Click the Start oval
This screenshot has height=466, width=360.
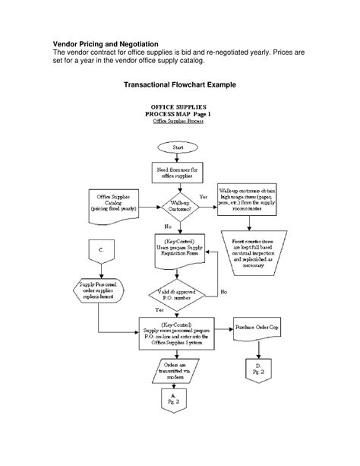[x=178, y=146]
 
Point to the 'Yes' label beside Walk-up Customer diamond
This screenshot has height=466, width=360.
[x=203, y=197]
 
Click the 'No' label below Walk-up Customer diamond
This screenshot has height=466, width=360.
[x=167, y=227]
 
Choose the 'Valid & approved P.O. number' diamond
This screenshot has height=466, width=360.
[x=179, y=293]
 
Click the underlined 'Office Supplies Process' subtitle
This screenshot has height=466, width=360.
[x=179, y=121]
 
